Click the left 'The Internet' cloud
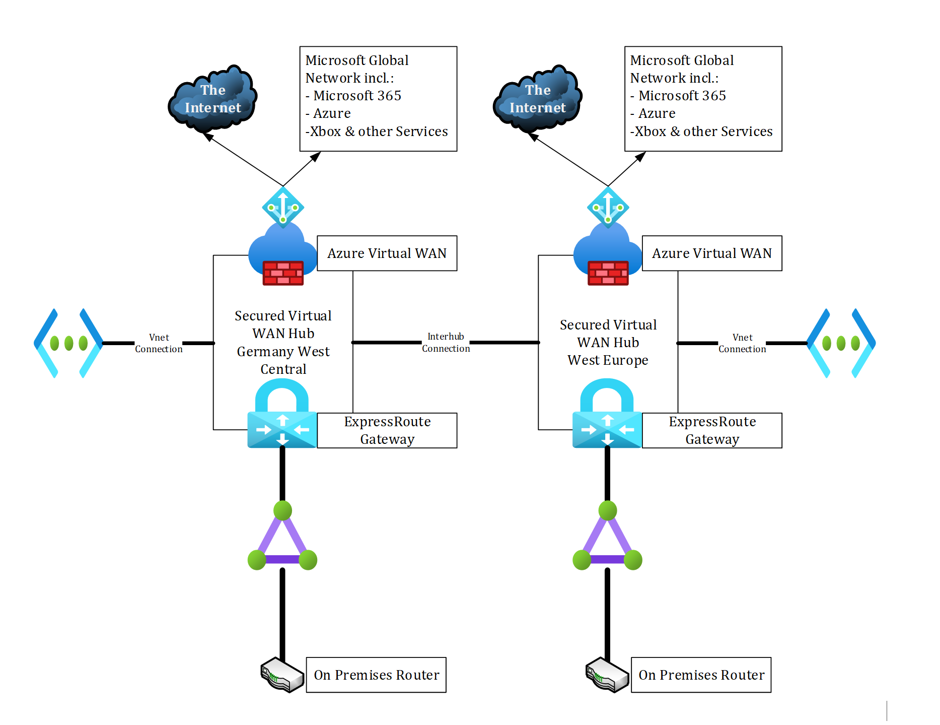(x=212, y=99)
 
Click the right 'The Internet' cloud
(x=537, y=99)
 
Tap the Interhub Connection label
(x=446, y=343)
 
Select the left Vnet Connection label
(x=159, y=343)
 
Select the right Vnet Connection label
(x=742, y=343)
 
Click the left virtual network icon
(x=68, y=343)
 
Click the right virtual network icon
(x=841, y=343)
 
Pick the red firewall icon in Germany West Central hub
(x=283, y=273)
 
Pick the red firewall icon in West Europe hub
(x=608, y=273)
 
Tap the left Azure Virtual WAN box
(x=387, y=253)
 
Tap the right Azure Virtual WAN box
(x=711, y=253)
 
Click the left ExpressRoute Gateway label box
(x=387, y=430)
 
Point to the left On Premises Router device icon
(x=282, y=675)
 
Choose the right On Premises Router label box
(x=701, y=675)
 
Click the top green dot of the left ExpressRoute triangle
(x=282, y=510)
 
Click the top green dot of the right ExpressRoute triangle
(x=608, y=510)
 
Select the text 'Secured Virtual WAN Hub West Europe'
(x=608, y=343)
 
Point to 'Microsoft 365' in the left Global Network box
(x=357, y=96)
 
